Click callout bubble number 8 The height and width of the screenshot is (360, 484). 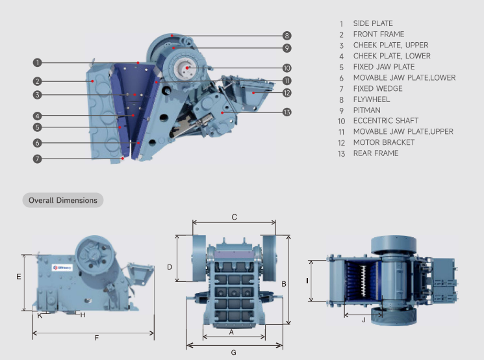tap(287, 35)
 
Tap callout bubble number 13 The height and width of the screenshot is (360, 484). tap(287, 112)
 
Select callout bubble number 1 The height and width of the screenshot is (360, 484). tap(37, 62)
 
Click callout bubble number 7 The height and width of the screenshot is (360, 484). tap(37, 159)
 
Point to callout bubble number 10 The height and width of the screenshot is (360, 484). tap(287, 68)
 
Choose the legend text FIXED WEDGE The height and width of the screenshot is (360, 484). tap(377, 88)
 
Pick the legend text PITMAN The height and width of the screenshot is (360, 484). tap(366, 110)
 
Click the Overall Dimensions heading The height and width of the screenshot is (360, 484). tap(63, 200)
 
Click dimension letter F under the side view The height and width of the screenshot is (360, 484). tap(96, 338)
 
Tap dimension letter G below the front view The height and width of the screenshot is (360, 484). tap(233, 352)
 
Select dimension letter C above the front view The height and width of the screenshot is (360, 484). tap(235, 217)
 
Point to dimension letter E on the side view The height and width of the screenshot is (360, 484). tap(19, 277)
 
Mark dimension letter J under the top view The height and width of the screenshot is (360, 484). tap(364, 319)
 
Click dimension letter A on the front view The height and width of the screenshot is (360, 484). tap(231, 331)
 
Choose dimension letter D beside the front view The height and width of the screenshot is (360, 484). tap(170, 267)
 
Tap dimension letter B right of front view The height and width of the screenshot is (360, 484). tap(283, 284)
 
